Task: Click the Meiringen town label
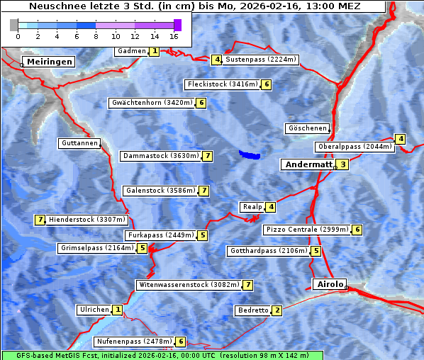50,62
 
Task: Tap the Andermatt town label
308,164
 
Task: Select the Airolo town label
330,284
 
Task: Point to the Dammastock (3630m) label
160,156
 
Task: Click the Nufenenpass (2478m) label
134,342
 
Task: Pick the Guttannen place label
79,143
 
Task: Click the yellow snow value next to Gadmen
155,51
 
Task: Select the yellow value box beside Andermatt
342,164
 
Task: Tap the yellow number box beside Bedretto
277,310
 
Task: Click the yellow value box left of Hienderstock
40,220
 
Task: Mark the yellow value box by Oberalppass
401,140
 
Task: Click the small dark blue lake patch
249,154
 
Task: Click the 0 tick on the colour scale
18,35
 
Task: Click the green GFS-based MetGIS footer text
156,354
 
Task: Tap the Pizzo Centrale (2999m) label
307,230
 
